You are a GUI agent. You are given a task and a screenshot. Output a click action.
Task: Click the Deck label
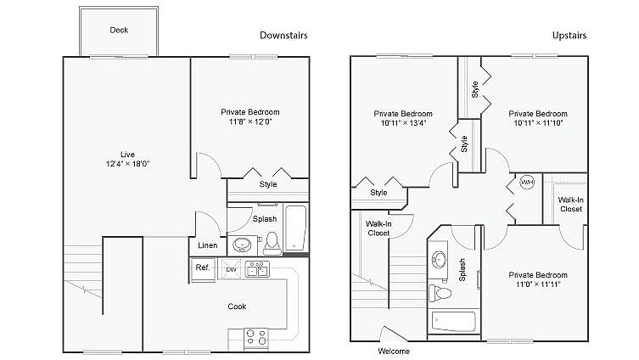pos(119,31)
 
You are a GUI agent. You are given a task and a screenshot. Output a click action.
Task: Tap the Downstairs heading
pos(283,36)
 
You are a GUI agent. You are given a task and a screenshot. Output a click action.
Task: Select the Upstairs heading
pos(569,36)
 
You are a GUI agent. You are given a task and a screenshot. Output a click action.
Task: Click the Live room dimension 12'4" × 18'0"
pos(128,164)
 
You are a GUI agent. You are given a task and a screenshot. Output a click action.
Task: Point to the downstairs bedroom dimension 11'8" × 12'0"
pos(249,122)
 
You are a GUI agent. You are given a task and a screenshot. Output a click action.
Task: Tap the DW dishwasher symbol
pos(231,270)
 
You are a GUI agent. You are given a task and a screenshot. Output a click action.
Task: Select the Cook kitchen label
pos(237,307)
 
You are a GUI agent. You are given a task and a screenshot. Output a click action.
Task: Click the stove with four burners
pos(255,337)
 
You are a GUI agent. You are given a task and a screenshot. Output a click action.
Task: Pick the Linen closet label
pos(208,246)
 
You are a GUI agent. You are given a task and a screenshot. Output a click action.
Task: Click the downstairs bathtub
pos(296,228)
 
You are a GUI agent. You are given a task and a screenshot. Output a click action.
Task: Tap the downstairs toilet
pos(272,244)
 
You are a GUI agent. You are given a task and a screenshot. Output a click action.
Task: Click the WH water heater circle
pos(526,183)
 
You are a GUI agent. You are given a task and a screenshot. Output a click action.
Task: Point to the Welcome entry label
pos(393,351)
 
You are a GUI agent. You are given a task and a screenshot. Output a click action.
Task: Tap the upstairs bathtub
pos(455,322)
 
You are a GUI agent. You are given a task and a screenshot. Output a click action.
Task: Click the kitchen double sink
pos(256,270)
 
